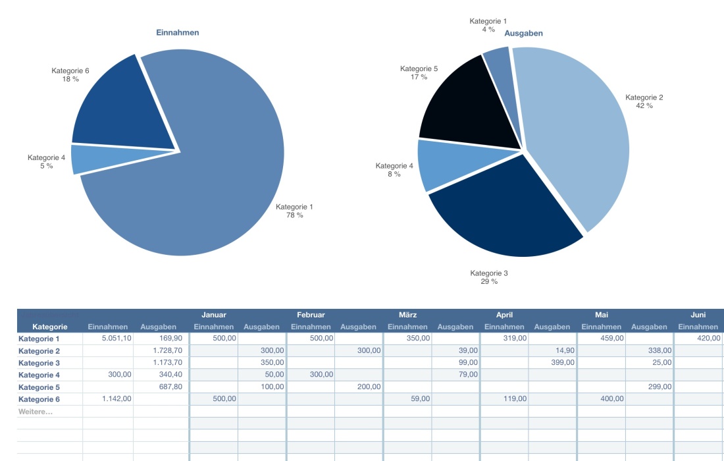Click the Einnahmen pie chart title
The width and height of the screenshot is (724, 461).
(x=177, y=32)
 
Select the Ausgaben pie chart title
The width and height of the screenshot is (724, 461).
(x=523, y=33)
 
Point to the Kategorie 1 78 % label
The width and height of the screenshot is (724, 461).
(x=294, y=211)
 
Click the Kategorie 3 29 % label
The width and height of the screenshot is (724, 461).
(x=489, y=277)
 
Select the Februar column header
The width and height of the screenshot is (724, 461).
(x=311, y=315)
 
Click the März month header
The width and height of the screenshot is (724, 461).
(x=407, y=315)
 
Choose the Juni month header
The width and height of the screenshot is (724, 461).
(x=698, y=315)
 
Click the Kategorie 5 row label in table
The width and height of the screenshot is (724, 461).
(x=39, y=387)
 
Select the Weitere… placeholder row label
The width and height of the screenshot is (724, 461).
(x=36, y=412)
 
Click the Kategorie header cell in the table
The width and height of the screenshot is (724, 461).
(x=49, y=327)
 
